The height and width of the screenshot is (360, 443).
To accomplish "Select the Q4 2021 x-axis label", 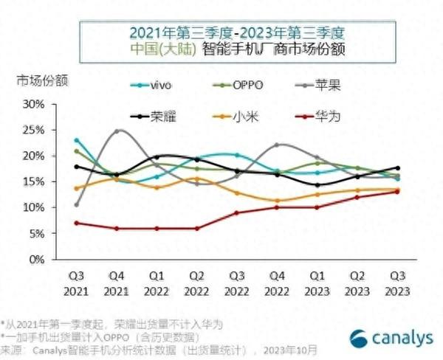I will click(117, 283).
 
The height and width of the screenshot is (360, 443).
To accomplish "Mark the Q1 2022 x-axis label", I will click(157, 283).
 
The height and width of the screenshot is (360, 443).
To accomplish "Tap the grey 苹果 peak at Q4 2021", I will click(117, 131).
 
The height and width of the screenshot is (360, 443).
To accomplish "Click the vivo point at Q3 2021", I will click(78, 140).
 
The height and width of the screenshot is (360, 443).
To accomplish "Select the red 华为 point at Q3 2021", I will click(78, 223).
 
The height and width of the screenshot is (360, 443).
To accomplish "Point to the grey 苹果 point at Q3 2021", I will click(78, 204).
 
